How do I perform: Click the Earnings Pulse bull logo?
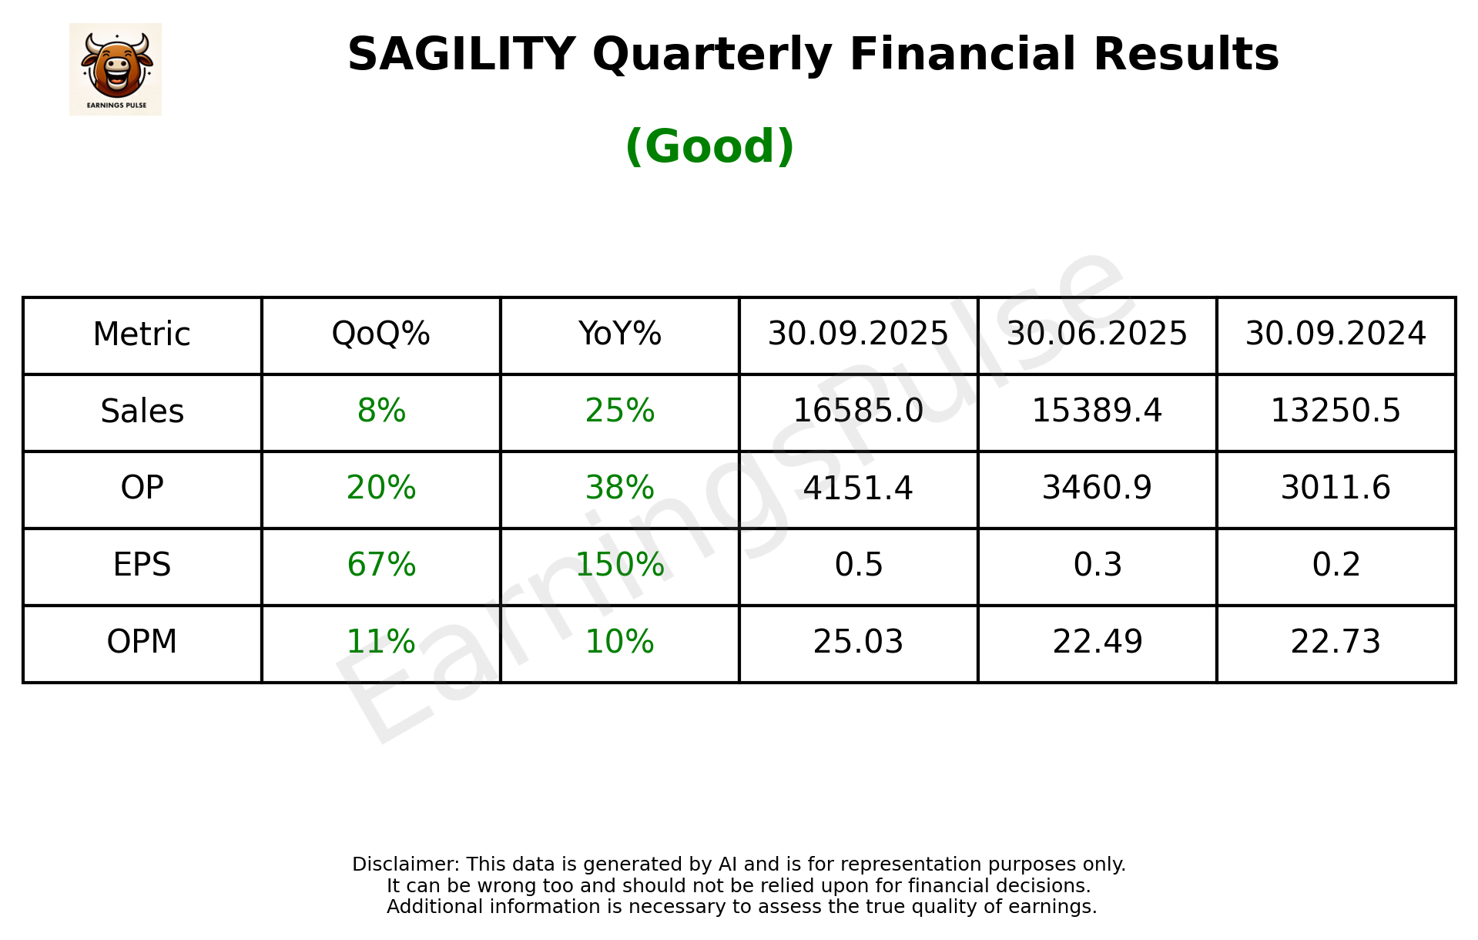coord(116,69)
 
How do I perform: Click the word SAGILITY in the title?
coord(461,55)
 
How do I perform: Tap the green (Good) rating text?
coord(709,146)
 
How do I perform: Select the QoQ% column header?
coord(380,334)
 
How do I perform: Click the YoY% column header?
coord(619,334)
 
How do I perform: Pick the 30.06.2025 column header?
coord(1097,334)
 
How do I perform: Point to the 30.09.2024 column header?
coord(1336,334)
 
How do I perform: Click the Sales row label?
coord(142,411)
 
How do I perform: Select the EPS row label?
coord(142,565)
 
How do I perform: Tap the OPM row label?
coord(142,642)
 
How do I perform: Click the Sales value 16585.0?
coord(858,411)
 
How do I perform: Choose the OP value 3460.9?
coord(1097,488)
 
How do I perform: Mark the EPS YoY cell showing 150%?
coord(619,565)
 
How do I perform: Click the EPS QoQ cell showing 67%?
coord(380,565)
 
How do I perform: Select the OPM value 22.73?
coord(1336,642)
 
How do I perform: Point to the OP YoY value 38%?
coord(619,488)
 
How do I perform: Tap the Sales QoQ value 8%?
coord(380,411)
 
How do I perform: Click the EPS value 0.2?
coord(1336,565)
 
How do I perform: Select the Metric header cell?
coord(142,334)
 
